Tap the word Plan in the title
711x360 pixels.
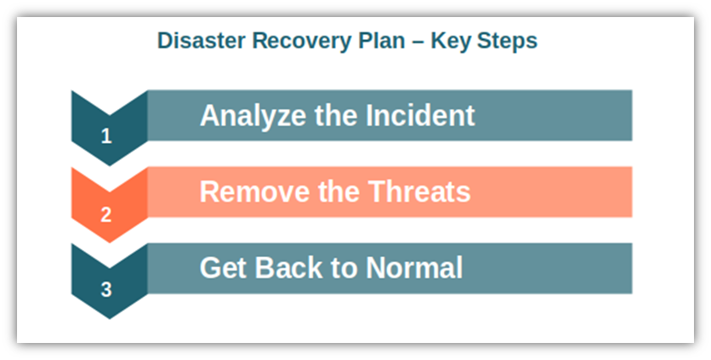(x=382, y=40)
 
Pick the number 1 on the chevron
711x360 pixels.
(x=106, y=136)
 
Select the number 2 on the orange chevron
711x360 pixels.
(x=106, y=214)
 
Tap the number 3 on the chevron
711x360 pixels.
(x=106, y=289)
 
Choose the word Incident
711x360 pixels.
(x=420, y=115)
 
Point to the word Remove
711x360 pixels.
(x=256, y=191)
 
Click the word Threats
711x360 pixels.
(x=419, y=191)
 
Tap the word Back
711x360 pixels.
(x=288, y=268)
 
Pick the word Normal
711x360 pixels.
(x=414, y=268)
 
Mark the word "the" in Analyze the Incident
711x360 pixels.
(x=336, y=115)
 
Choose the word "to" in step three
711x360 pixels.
(x=344, y=269)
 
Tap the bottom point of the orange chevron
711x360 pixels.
(x=109, y=243)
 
